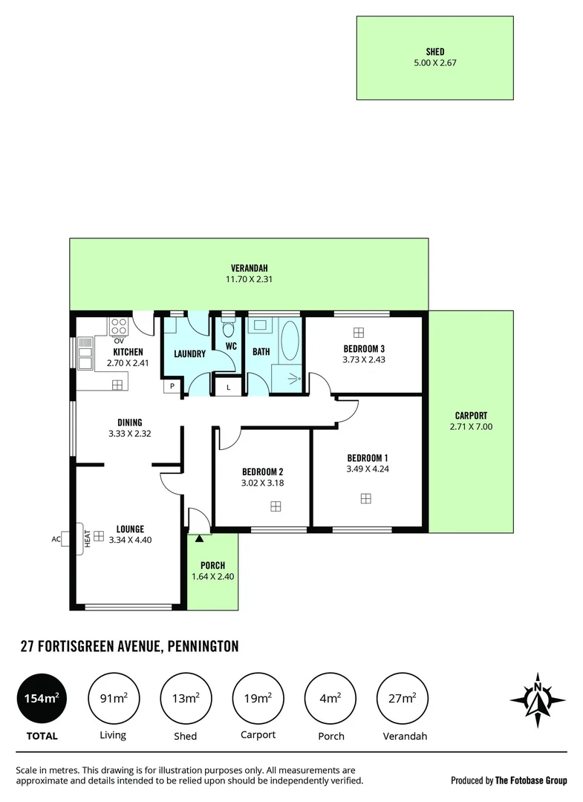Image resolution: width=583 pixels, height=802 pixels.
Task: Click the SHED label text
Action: pyautogui.click(x=434, y=51)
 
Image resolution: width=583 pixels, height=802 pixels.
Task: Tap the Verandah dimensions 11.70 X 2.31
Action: pyautogui.click(x=248, y=280)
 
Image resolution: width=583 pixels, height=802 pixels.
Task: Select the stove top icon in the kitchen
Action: pyautogui.click(x=119, y=327)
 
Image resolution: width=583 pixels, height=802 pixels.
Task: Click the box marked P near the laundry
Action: pyautogui.click(x=172, y=386)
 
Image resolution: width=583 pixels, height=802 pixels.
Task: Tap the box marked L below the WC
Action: pyautogui.click(x=228, y=386)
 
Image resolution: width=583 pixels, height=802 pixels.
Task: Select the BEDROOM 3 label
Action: pyautogui.click(x=364, y=348)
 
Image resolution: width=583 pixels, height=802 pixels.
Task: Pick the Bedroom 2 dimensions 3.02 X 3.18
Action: pyautogui.click(x=262, y=483)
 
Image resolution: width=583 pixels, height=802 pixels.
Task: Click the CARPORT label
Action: pyautogui.click(x=471, y=416)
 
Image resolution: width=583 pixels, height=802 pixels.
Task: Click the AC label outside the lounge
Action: pyautogui.click(x=56, y=540)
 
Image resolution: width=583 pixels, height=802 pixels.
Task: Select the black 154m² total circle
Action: pyautogui.click(x=42, y=699)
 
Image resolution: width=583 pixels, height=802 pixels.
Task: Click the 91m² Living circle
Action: pyautogui.click(x=114, y=699)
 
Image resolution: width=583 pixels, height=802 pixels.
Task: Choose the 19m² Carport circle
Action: pyautogui.click(x=258, y=699)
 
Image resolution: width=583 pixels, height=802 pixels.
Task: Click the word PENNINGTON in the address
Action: pyautogui.click(x=203, y=647)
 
